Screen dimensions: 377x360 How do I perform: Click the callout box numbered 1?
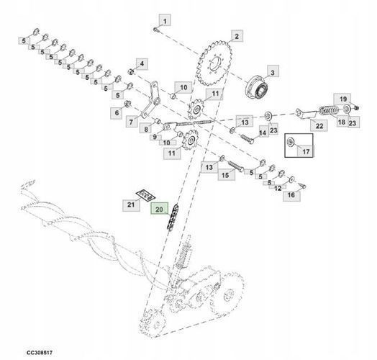point(165,20)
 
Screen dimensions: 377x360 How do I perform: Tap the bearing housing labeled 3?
point(257,88)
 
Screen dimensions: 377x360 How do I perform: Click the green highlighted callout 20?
point(159,209)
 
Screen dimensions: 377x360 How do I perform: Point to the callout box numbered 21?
point(131,205)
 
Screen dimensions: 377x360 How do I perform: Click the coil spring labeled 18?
point(329,110)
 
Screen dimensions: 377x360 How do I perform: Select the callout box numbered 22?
point(319,125)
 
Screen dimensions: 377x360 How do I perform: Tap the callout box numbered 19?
point(342,99)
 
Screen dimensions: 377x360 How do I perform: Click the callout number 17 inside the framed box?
point(306,151)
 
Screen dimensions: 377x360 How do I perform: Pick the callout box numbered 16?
point(291,195)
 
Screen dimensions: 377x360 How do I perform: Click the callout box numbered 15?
point(226,175)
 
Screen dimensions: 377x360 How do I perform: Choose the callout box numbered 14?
point(263,132)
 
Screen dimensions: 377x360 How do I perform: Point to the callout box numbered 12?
point(278,188)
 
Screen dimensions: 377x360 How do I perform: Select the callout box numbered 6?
point(117,112)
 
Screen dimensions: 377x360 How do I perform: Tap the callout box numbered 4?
point(142,64)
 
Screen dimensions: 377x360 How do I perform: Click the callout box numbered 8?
point(146,129)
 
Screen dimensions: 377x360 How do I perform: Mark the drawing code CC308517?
point(39,353)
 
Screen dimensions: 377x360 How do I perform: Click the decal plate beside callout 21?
point(146,194)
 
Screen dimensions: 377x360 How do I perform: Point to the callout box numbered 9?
point(155,138)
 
